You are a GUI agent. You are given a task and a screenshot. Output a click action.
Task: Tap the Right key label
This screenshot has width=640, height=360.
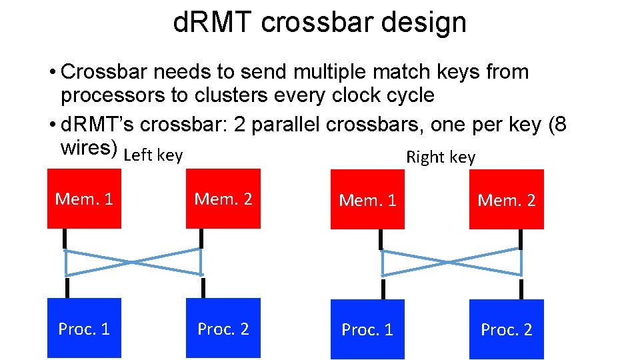tap(441, 157)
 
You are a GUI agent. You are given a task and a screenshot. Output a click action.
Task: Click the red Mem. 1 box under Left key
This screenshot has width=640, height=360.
tap(84, 199)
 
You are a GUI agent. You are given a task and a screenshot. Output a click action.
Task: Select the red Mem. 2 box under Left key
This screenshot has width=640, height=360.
tap(223, 199)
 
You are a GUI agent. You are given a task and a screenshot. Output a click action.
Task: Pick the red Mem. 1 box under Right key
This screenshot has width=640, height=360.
tap(367, 200)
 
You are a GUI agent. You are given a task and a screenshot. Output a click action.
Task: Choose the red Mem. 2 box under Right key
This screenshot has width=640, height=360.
tap(507, 200)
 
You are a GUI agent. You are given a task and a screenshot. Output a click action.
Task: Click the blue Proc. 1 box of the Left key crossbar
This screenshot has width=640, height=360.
tap(84, 328)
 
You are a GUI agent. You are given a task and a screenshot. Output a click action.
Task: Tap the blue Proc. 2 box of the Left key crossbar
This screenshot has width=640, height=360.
tap(223, 328)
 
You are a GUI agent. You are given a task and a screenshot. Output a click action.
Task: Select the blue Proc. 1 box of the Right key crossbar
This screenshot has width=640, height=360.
tap(367, 329)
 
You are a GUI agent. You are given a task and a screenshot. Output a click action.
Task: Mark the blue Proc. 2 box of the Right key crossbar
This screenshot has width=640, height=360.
tap(507, 329)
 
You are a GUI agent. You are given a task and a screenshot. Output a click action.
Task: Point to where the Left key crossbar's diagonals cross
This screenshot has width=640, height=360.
tap(133, 262)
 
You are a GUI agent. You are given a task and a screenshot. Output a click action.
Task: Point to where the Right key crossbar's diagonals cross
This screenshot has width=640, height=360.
tap(451, 262)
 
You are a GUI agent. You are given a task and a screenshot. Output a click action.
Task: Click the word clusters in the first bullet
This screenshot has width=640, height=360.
tap(230, 95)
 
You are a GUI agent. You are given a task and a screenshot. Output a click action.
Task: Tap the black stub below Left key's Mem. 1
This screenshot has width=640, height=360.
tap(65, 239)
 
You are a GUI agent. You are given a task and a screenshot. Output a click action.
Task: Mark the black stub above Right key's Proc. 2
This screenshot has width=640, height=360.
tap(521, 289)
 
